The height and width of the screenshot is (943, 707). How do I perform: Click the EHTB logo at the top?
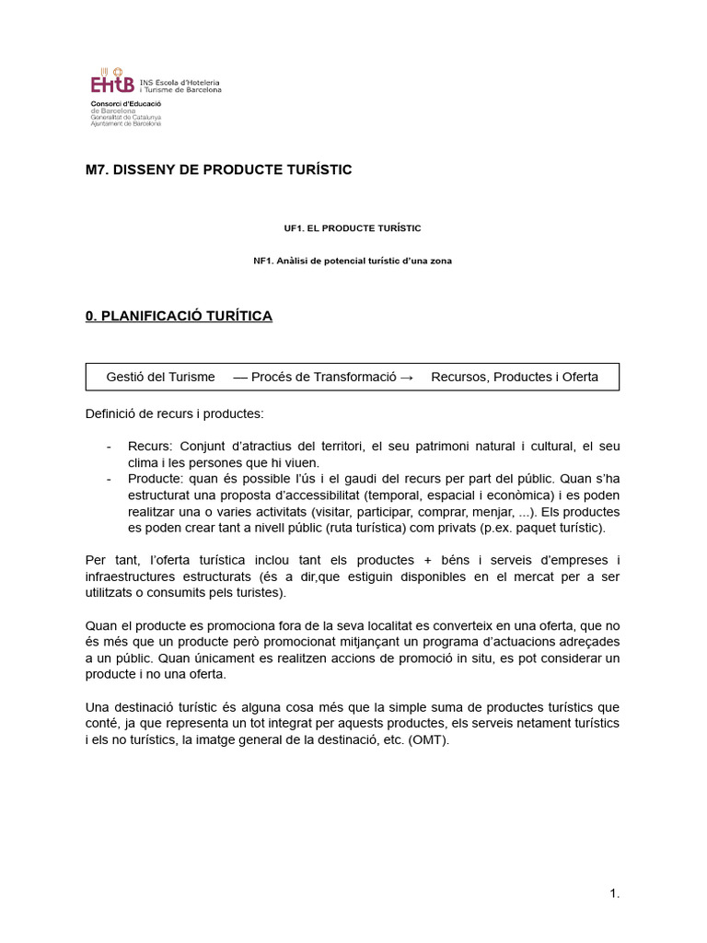coord(110,84)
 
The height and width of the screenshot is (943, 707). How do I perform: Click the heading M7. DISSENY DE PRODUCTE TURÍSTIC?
coord(218,169)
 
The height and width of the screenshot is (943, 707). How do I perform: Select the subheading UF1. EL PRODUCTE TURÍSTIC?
coord(353,227)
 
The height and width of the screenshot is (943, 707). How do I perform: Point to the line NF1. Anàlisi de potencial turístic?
coord(353,261)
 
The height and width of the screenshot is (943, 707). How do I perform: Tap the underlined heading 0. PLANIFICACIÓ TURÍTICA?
coord(179,316)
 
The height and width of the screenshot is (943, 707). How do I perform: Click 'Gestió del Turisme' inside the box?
coord(160,377)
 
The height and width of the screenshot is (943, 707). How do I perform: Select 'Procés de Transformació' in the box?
coord(322,377)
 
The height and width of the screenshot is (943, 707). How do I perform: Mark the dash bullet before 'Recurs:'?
coord(110,446)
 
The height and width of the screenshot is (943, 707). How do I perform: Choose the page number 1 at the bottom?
coord(614,892)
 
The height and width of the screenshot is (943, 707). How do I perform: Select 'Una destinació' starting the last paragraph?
coord(128,707)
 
